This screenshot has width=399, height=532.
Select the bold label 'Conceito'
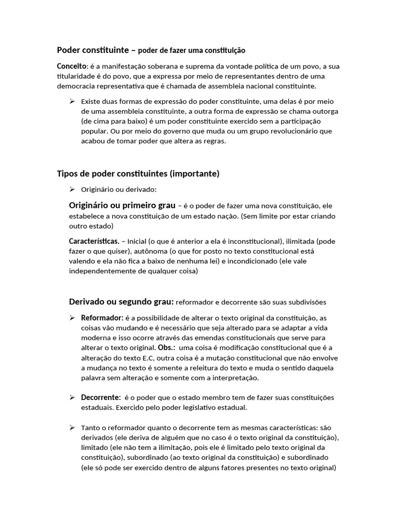(x=72, y=66)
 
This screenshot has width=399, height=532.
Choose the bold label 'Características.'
(x=94, y=241)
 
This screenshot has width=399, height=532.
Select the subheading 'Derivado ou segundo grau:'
(x=121, y=302)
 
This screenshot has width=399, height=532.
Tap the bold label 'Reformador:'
(x=102, y=317)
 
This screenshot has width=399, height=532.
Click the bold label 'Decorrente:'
(x=101, y=397)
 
